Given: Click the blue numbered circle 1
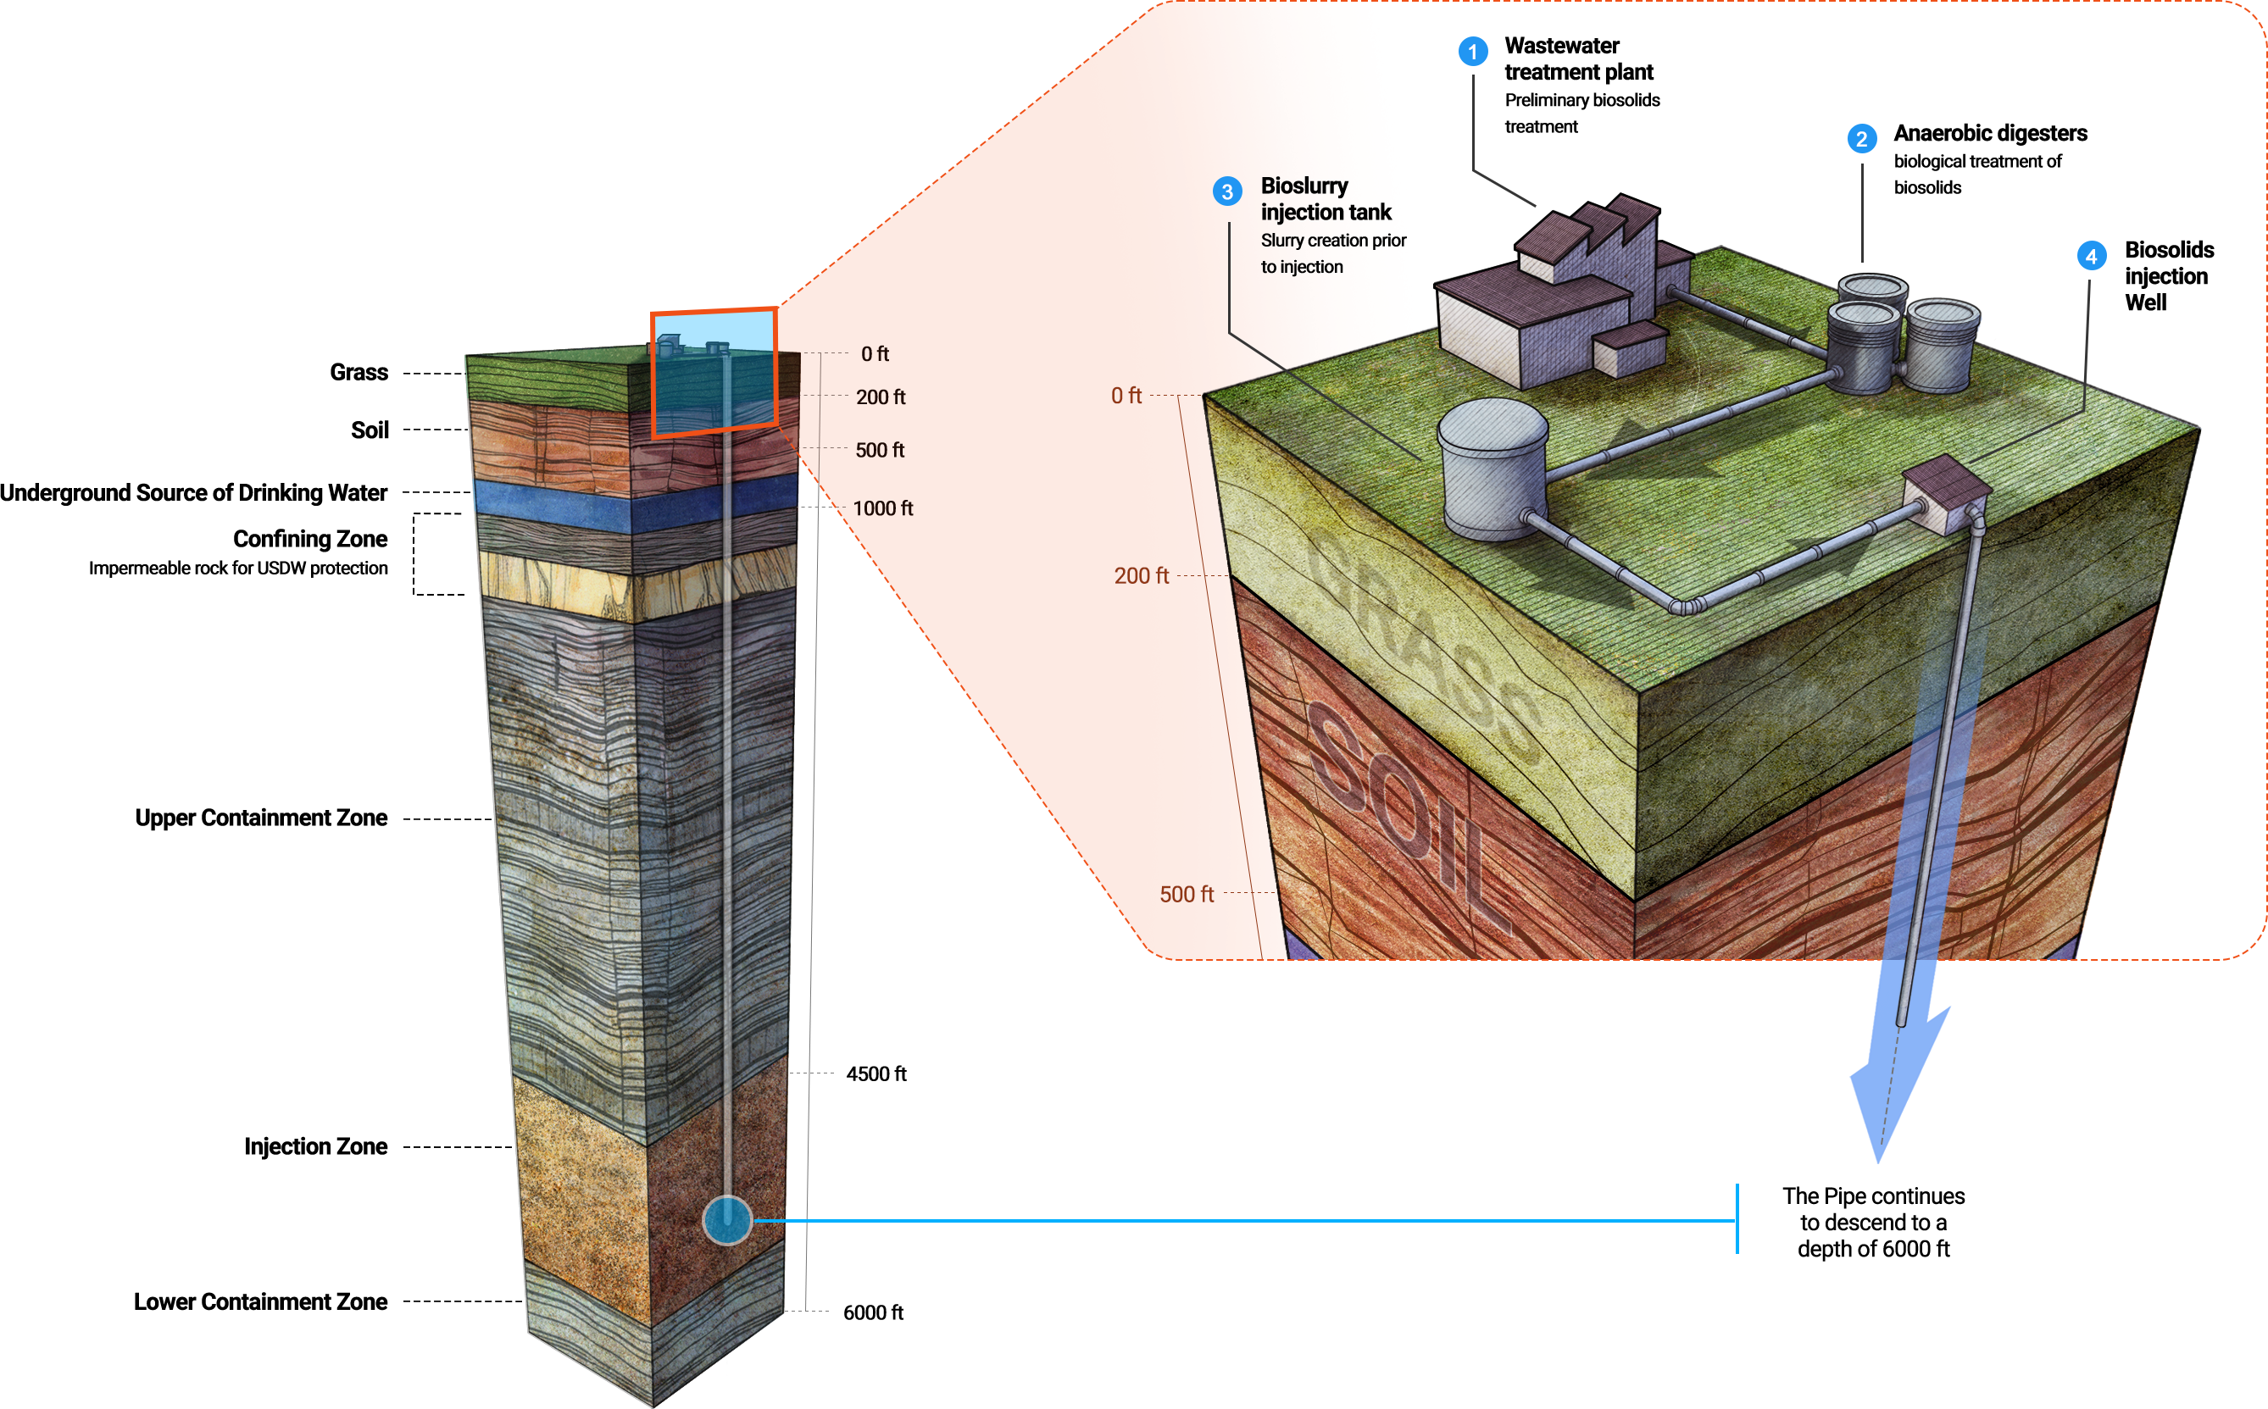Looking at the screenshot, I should [x=1473, y=51].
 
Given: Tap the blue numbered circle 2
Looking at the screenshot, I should [x=1861, y=139].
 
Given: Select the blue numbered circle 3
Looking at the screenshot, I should [x=1226, y=192].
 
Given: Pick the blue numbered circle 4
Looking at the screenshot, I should [x=2092, y=256].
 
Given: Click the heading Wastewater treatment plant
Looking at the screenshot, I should [x=1578, y=58].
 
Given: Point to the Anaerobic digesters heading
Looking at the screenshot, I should [x=1990, y=133].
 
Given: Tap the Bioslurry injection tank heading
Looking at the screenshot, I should [x=1326, y=198].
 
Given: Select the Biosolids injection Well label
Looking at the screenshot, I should [x=2168, y=276].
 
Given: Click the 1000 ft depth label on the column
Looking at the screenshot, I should [x=883, y=509].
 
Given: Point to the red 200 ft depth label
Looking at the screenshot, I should [x=1141, y=576].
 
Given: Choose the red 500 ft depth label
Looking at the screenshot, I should [x=1186, y=895].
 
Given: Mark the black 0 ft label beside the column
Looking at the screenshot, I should [x=875, y=354].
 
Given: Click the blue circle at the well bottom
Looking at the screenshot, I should [x=727, y=1220].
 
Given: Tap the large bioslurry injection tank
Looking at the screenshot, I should [x=1493, y=469].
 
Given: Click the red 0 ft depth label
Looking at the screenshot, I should [x=1126, y=396].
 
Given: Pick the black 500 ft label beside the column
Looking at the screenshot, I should [x=880, y=450].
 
